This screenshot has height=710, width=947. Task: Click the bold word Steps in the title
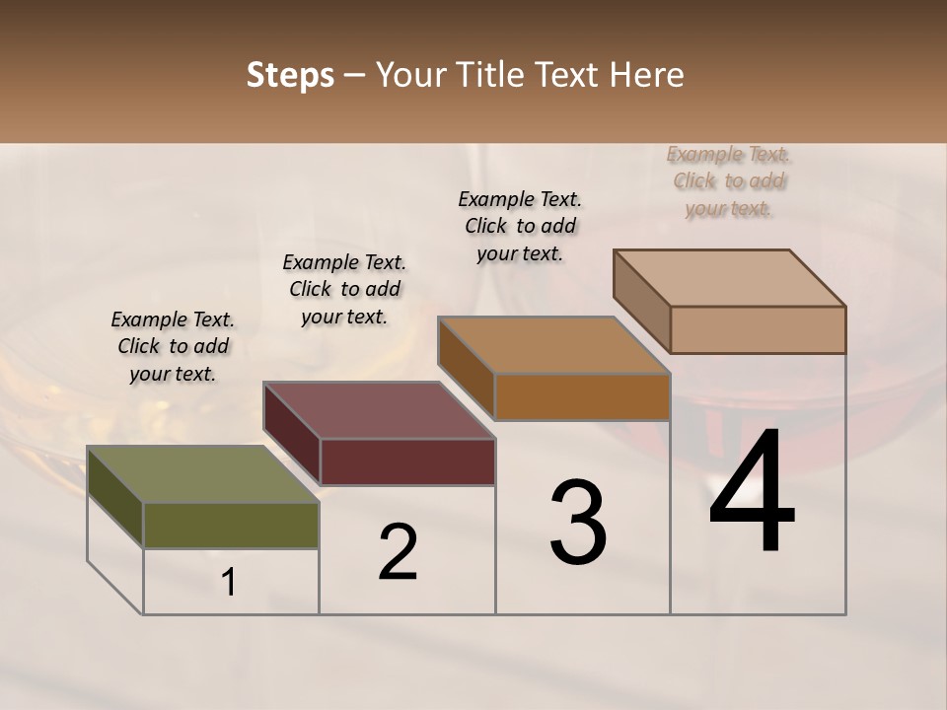[290, 75]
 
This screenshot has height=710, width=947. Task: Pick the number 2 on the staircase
[399, 552]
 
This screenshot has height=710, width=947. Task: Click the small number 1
[229, 583]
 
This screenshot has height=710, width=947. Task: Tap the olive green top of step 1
[202, 474]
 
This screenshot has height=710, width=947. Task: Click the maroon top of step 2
[379, 410]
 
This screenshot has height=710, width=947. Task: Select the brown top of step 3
[553, 345]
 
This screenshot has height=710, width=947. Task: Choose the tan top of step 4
[729, 278]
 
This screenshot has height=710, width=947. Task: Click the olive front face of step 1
[231, 526]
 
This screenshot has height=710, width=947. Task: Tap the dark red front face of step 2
[407, 461]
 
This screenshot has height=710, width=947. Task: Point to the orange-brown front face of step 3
[582, 396]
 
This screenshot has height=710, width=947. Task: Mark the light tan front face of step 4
[758, 329]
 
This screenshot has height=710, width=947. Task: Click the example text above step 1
[173, 346]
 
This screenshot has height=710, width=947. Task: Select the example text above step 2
[344, 289]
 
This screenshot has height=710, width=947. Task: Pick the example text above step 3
[520, 226]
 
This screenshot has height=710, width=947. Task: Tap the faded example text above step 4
[728, 181]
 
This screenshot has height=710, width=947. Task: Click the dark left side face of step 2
[291, 434]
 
